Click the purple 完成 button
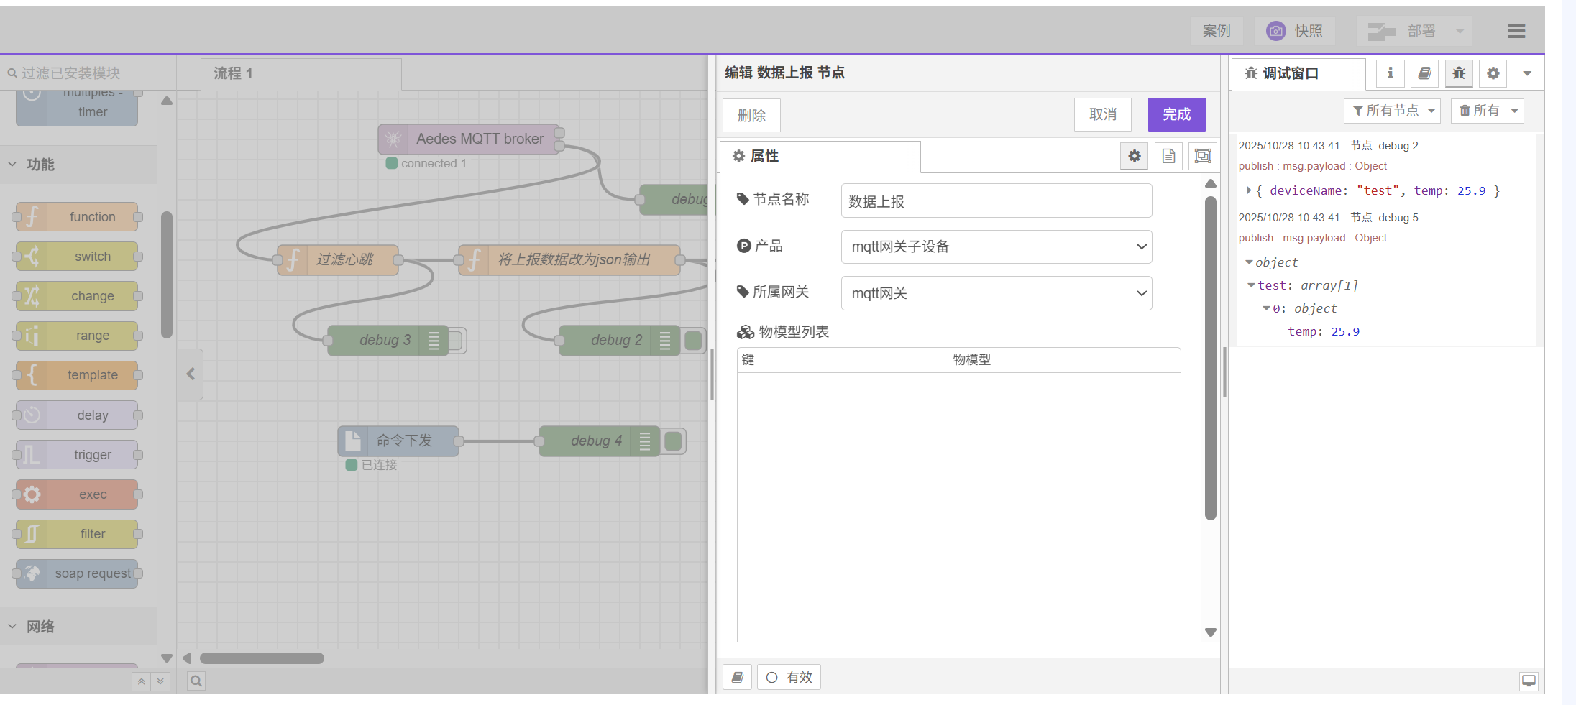point(1176,115)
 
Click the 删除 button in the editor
point(751,116)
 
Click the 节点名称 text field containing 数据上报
point(996,201)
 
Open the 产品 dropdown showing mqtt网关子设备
point(996,247)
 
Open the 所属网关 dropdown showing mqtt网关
point(996,293)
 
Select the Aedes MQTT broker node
point(479,139)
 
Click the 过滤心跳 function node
point(345,259)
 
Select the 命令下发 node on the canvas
point(403,441)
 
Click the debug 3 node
point(385,340)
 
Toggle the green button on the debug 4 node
point(674,441)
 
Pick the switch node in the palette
point(92,257)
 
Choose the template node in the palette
point(92,375)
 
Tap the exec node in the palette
point(92,494)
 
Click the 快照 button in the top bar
point(1295,31)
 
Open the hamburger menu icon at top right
point(1516,31)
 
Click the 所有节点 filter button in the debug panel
point(1392,111)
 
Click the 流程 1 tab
point(233,73)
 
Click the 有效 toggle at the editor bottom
point(789,677)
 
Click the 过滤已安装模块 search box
point(86,73)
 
